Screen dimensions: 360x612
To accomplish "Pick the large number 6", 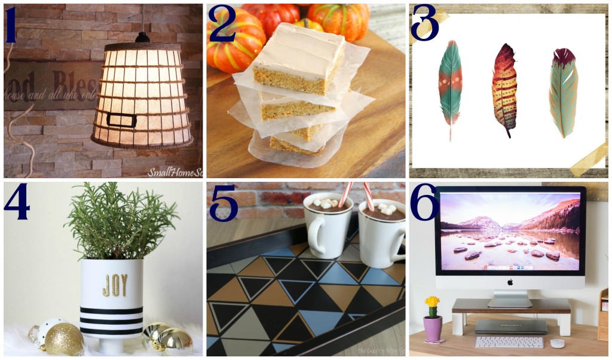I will coord(425,203).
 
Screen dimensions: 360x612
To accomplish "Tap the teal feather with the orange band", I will coord(450,87).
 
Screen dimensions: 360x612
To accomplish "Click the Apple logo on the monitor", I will coord(510,280).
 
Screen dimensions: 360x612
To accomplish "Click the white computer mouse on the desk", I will coord(557,343).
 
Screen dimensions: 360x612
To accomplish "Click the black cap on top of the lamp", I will coord(142,37).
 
